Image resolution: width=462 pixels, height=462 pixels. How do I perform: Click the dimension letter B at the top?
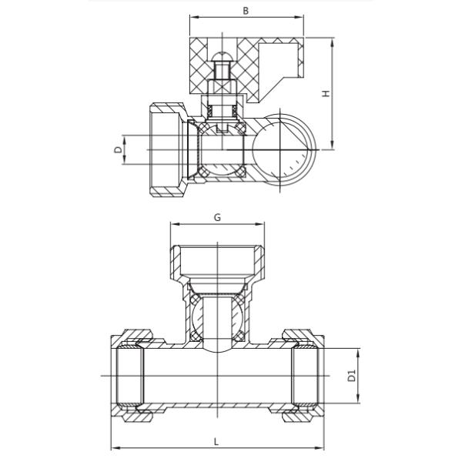point(246,11)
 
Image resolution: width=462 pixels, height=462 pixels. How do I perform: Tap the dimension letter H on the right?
point(326,93)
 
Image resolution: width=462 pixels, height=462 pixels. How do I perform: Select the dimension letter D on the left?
point(118,149)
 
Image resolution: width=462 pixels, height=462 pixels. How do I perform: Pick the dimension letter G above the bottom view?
point(217,217)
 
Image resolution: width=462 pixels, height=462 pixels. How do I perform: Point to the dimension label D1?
point(352,377)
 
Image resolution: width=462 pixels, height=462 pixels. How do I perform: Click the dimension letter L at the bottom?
point(216,442)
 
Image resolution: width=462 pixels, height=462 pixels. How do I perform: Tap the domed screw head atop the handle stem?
point(223,56)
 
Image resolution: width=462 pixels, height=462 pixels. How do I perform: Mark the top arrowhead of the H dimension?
point(333,42)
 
